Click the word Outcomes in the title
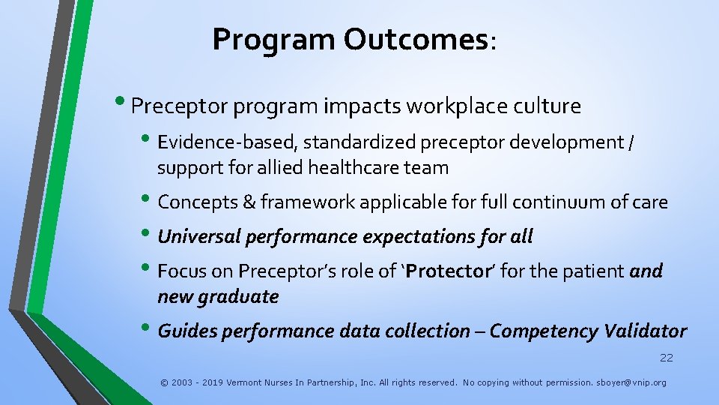pos(416,40)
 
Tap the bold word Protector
pos(447,271)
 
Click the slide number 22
pos(666,358)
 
